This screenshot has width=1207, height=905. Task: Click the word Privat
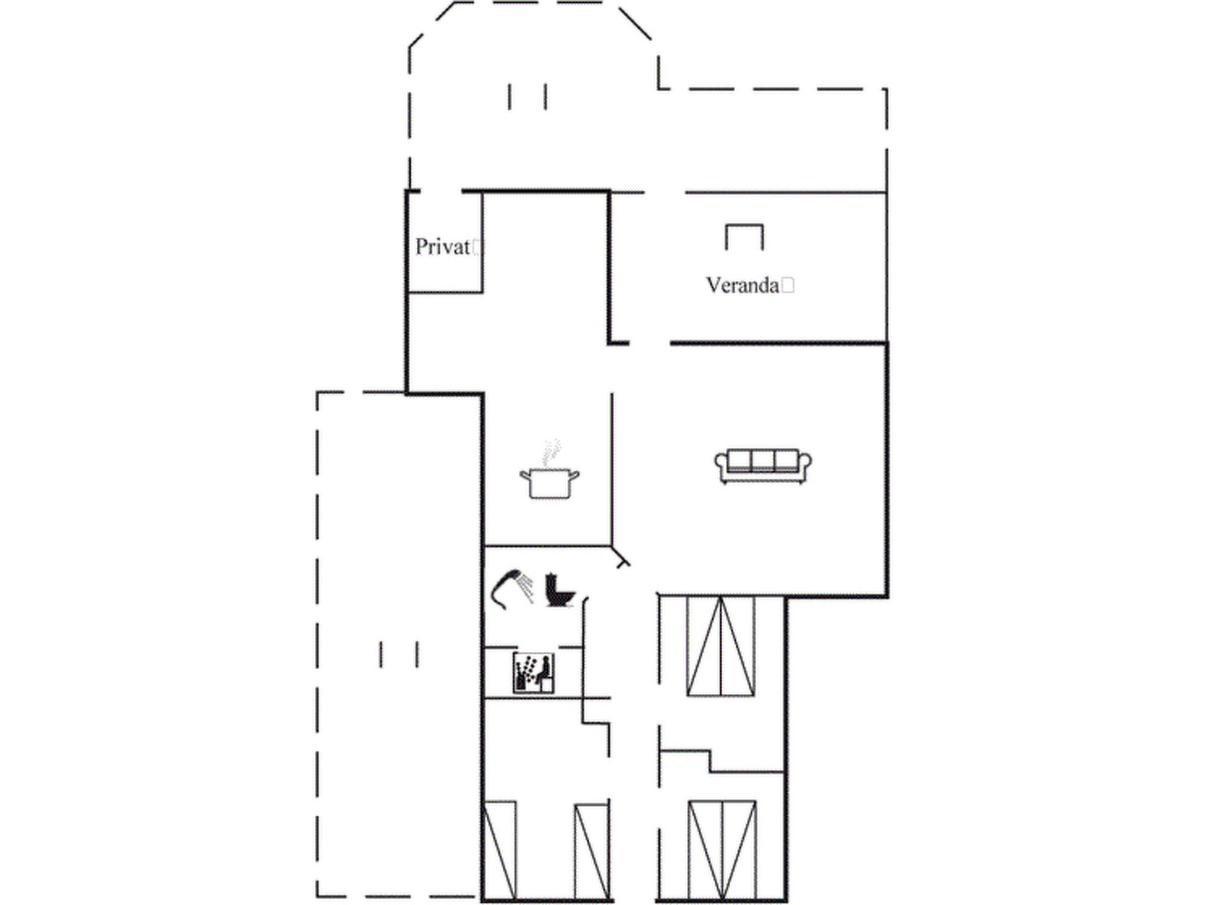pos(443,247)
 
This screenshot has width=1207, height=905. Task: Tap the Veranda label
pos(743,286)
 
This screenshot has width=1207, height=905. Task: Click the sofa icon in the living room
pos(763,467)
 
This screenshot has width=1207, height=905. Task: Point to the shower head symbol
pos(512,589)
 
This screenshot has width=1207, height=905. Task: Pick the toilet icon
pos(559,590)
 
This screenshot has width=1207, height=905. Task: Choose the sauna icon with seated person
pos(533,673)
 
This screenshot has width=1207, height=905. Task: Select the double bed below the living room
pos(721,646)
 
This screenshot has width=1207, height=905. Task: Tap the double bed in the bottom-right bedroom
pos(722,850)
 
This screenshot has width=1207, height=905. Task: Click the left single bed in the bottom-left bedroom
pos(500,850)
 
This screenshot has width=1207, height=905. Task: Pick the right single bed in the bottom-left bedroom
pos(592,852)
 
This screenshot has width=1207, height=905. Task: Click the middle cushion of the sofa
pos(763,461)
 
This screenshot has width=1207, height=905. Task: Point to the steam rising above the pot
pos(551,452)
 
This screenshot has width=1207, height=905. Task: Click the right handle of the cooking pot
pos(573,475)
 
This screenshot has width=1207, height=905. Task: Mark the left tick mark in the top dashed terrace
pos(510,97)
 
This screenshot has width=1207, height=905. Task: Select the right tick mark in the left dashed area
pos(417,655)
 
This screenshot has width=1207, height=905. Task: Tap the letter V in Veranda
pos(714,286)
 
